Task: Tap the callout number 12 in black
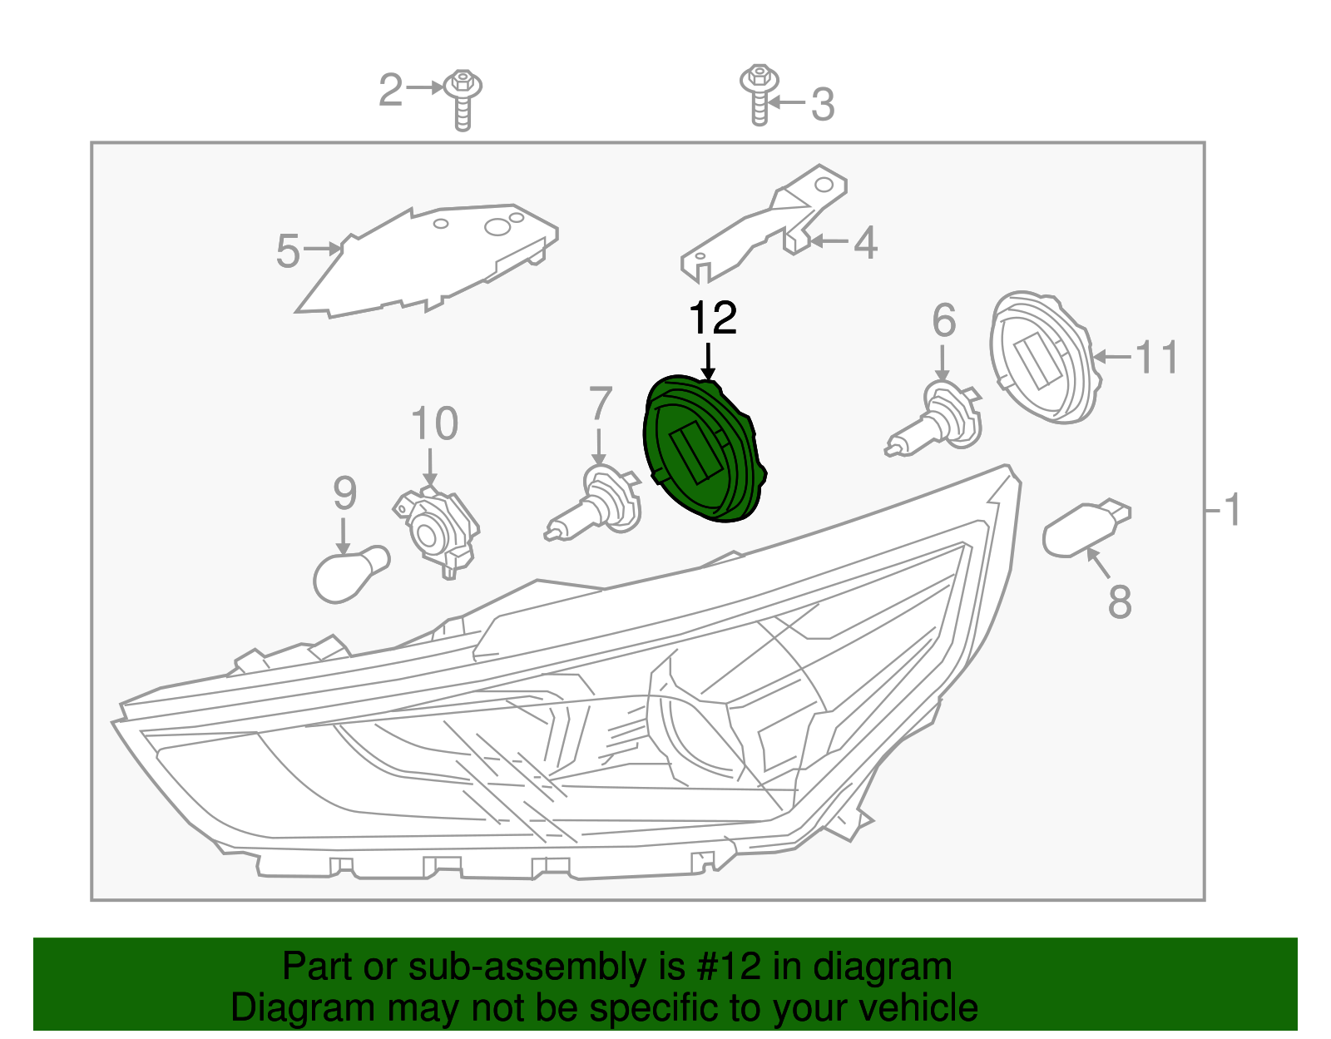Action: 713,319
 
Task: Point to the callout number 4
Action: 866,243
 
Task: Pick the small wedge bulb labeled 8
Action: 1081,529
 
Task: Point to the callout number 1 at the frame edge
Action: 1232,509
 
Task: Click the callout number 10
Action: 434,423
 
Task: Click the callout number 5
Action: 288,251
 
